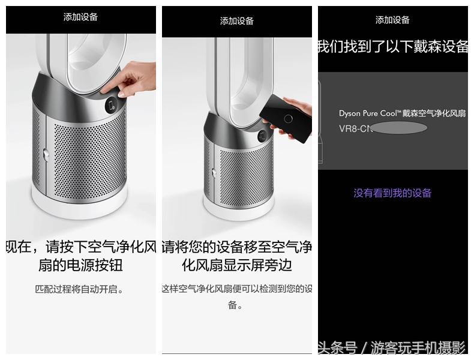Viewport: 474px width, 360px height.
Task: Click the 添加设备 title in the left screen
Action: [x=80, y=17]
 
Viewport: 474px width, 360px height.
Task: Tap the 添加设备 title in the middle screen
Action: [x=236, y=21]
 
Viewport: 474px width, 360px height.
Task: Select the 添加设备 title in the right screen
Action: [x=392, y=20]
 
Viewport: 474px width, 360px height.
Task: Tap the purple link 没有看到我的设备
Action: [x=392, y=193]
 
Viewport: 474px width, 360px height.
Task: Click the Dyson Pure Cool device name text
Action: [x=402, y=113]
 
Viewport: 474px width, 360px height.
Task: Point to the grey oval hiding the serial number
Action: [x=399, y=128]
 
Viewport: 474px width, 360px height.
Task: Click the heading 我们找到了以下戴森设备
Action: [x=392, y=47]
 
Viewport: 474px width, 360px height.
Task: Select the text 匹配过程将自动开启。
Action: [x=80, y=289]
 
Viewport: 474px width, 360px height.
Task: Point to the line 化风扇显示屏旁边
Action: [x=236, y=265]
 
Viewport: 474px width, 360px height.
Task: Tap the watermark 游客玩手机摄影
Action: [x=418, y=347]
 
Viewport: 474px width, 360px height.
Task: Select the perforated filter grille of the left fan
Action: [x=90, y=156]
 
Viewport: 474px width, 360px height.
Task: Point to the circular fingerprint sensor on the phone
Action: [x=289, y=118]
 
